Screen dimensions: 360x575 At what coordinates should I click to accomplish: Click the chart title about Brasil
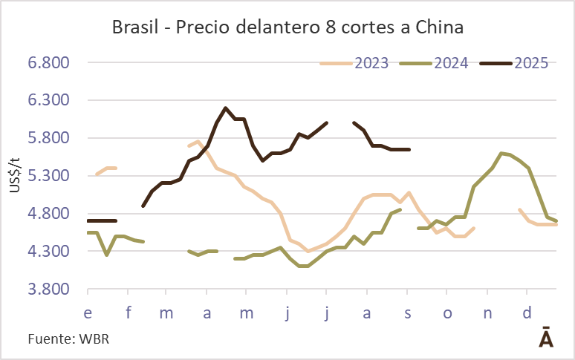[287, 28]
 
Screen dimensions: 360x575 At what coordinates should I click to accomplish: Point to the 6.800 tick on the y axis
[48, 62]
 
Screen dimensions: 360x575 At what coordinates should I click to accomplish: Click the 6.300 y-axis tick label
[48, 100]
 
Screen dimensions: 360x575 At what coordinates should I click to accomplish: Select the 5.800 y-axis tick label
[48, 138]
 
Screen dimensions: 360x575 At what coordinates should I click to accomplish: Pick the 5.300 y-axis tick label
[48, 176]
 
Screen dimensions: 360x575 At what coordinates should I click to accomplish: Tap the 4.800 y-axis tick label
[48, 214]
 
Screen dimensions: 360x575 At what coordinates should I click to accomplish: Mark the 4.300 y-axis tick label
[48, 252]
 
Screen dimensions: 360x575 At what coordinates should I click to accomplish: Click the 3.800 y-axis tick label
[48, 289]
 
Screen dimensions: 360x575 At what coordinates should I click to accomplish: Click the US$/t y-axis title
[14, 175]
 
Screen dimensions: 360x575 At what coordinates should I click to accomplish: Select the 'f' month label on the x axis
[128, 313]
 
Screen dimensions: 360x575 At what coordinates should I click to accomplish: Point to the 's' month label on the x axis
[407, 313]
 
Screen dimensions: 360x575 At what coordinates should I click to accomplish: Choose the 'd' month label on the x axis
[527, 313]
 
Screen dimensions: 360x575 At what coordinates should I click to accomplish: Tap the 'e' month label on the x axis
[88, 313]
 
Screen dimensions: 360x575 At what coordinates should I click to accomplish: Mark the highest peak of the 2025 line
[226, 108]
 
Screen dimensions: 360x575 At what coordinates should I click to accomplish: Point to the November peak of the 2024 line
[503, 153]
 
